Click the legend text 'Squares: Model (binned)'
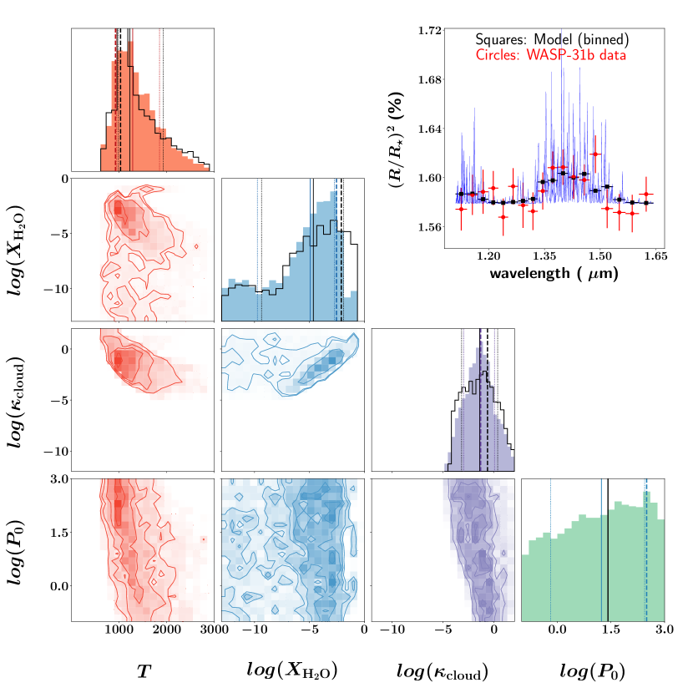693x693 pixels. pyautogui.click(x=552, y=39)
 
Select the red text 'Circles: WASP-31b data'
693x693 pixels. pyautogui.click(x=551, y=55)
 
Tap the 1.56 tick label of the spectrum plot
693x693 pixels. pyautogui.click(x=430, y=227)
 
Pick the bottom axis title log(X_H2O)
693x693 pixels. pyautogui.click(x=292, y=670)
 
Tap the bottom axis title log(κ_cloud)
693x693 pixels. pyautogui.click(x=443, y=670)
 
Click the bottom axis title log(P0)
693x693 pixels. pyautogui.click(x=593, y=670)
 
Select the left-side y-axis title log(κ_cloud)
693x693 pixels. pyautogui.click(x=24, y=400)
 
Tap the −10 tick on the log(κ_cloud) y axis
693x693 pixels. pyautogui.click(x=55, y=452)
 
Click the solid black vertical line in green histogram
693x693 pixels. pyautogui.click(x=608, y=550)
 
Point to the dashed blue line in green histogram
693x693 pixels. pyautogui.click(x=646, y=550)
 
